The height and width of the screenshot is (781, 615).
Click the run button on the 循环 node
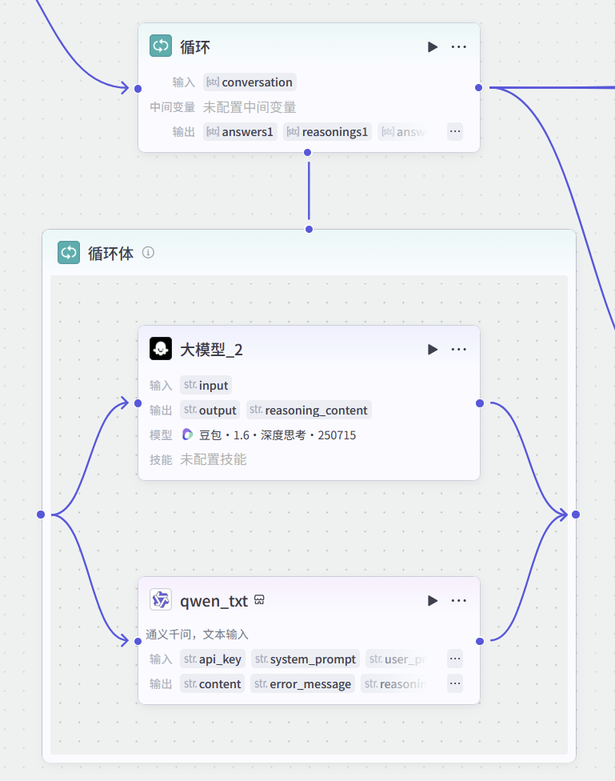pos(433,47)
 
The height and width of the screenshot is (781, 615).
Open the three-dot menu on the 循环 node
pos(458,47)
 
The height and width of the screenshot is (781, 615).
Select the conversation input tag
pos(250,82)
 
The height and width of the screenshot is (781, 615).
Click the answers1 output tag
pos(240,131)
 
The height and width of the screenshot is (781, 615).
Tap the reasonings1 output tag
pos(327,131)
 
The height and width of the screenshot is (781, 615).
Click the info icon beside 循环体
pos(148,253)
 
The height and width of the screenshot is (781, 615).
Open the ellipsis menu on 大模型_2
pos(458,350)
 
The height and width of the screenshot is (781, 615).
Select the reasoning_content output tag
pos(309,410)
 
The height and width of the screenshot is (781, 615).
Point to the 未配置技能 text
pos(213,459)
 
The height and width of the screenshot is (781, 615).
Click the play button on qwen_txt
pos(433,601)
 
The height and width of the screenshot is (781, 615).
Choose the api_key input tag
pos(213,659)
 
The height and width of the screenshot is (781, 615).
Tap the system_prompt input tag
pos(305,659)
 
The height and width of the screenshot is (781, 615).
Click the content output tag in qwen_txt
pos(212,683)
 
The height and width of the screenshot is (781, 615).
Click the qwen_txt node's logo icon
pos(161,600)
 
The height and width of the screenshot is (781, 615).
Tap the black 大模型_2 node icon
pos(161,349)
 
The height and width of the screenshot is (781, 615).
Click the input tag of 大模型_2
pos(206,385)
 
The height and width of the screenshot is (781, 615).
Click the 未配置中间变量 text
pos(250,107)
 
